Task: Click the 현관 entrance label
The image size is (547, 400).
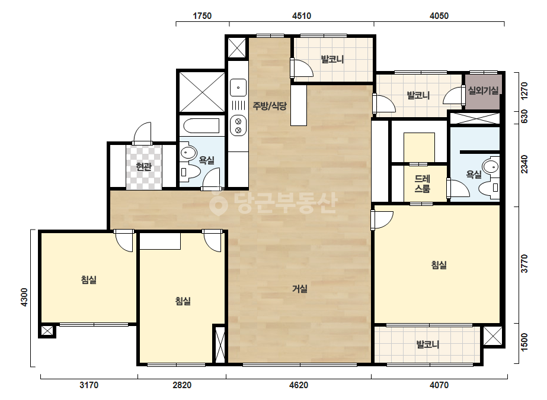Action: click(144, 167)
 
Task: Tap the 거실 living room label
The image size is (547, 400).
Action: click(300, 289)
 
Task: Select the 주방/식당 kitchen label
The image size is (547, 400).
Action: click(270, 105)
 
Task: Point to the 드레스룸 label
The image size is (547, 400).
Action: click(422, 183)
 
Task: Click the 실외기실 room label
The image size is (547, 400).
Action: click(483, 91)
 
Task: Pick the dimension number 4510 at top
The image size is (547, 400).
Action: click(302, 15)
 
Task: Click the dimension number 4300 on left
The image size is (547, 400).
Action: click(24, 297)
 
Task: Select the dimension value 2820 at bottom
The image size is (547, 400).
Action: click(182, 385)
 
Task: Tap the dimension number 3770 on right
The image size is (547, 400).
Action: click(524, 264)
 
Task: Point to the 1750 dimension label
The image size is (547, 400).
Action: click(202, 15)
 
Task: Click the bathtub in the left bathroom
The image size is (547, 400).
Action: click(201, 126)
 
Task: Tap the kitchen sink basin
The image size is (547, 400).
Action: click(238, 88)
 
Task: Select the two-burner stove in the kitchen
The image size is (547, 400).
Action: click(238, 126)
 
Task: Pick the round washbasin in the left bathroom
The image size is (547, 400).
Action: click(188, 153)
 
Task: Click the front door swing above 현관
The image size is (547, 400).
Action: click(143, 133)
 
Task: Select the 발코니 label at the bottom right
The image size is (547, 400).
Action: click(428, 344)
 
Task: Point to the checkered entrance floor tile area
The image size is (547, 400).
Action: click(144, 167)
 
